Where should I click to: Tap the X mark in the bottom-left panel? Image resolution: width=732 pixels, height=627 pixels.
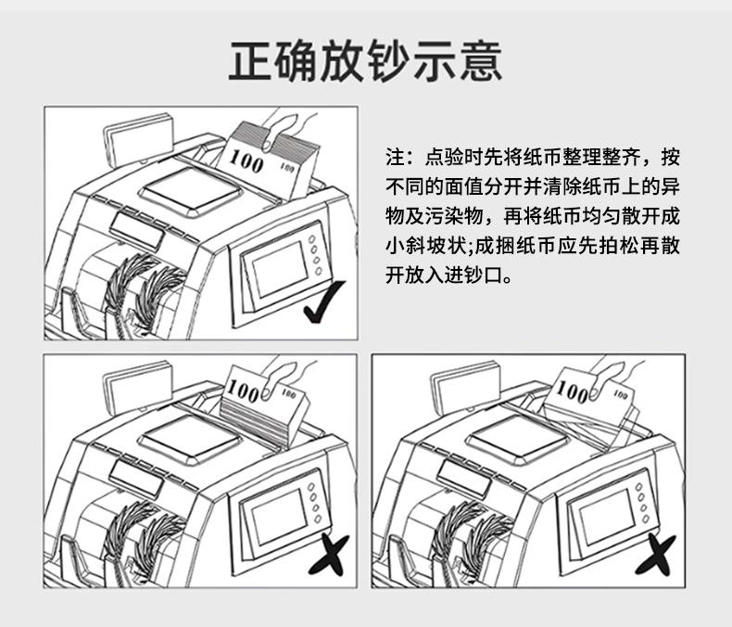pyautogui.click(x=329, y=556)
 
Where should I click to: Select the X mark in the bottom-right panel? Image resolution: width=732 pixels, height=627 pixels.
pyautogui.click(x=656, y=556)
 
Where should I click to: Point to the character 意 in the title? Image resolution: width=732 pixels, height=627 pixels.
pyautogui.click(x=480, y=61)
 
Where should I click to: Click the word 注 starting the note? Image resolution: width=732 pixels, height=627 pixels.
pyautogui.click(x=395, y=157)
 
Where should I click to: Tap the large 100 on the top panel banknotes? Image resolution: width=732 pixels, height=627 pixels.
pyautogui.click(x=246, y=160)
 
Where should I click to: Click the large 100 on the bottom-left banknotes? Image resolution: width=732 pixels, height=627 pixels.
pyautogui.click(x=242, y=390)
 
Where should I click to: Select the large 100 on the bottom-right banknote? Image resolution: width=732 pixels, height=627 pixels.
pyautogui.click(x=573, y=391)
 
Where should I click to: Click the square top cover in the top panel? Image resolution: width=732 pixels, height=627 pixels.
pyautogui.click(x=192, y=192)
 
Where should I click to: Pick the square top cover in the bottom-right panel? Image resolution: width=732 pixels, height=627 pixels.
pyautogui.click(x=518, y=440)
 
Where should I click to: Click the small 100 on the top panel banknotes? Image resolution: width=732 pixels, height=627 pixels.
pyautogui.click(x=287, y=166)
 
